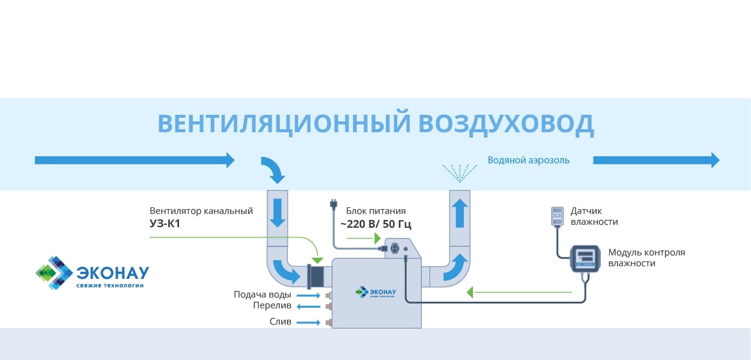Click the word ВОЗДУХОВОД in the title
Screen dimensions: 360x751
point(506,124)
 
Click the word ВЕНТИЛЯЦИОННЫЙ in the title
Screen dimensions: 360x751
point(284,124)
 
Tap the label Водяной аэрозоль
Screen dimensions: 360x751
point(528,160)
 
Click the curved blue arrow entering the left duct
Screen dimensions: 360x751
point(273,169)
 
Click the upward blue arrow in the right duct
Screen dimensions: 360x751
point(460,213)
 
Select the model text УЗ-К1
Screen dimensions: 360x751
point(166,224)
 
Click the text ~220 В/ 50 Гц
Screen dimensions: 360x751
point(375,224)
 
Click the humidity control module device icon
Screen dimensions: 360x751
point(585,259)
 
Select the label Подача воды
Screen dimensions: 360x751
point(263,294)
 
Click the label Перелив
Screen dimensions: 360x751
point(272,306)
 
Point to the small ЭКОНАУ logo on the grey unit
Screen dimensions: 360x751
point(375,291)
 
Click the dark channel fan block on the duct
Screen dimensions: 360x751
point(315,276)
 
